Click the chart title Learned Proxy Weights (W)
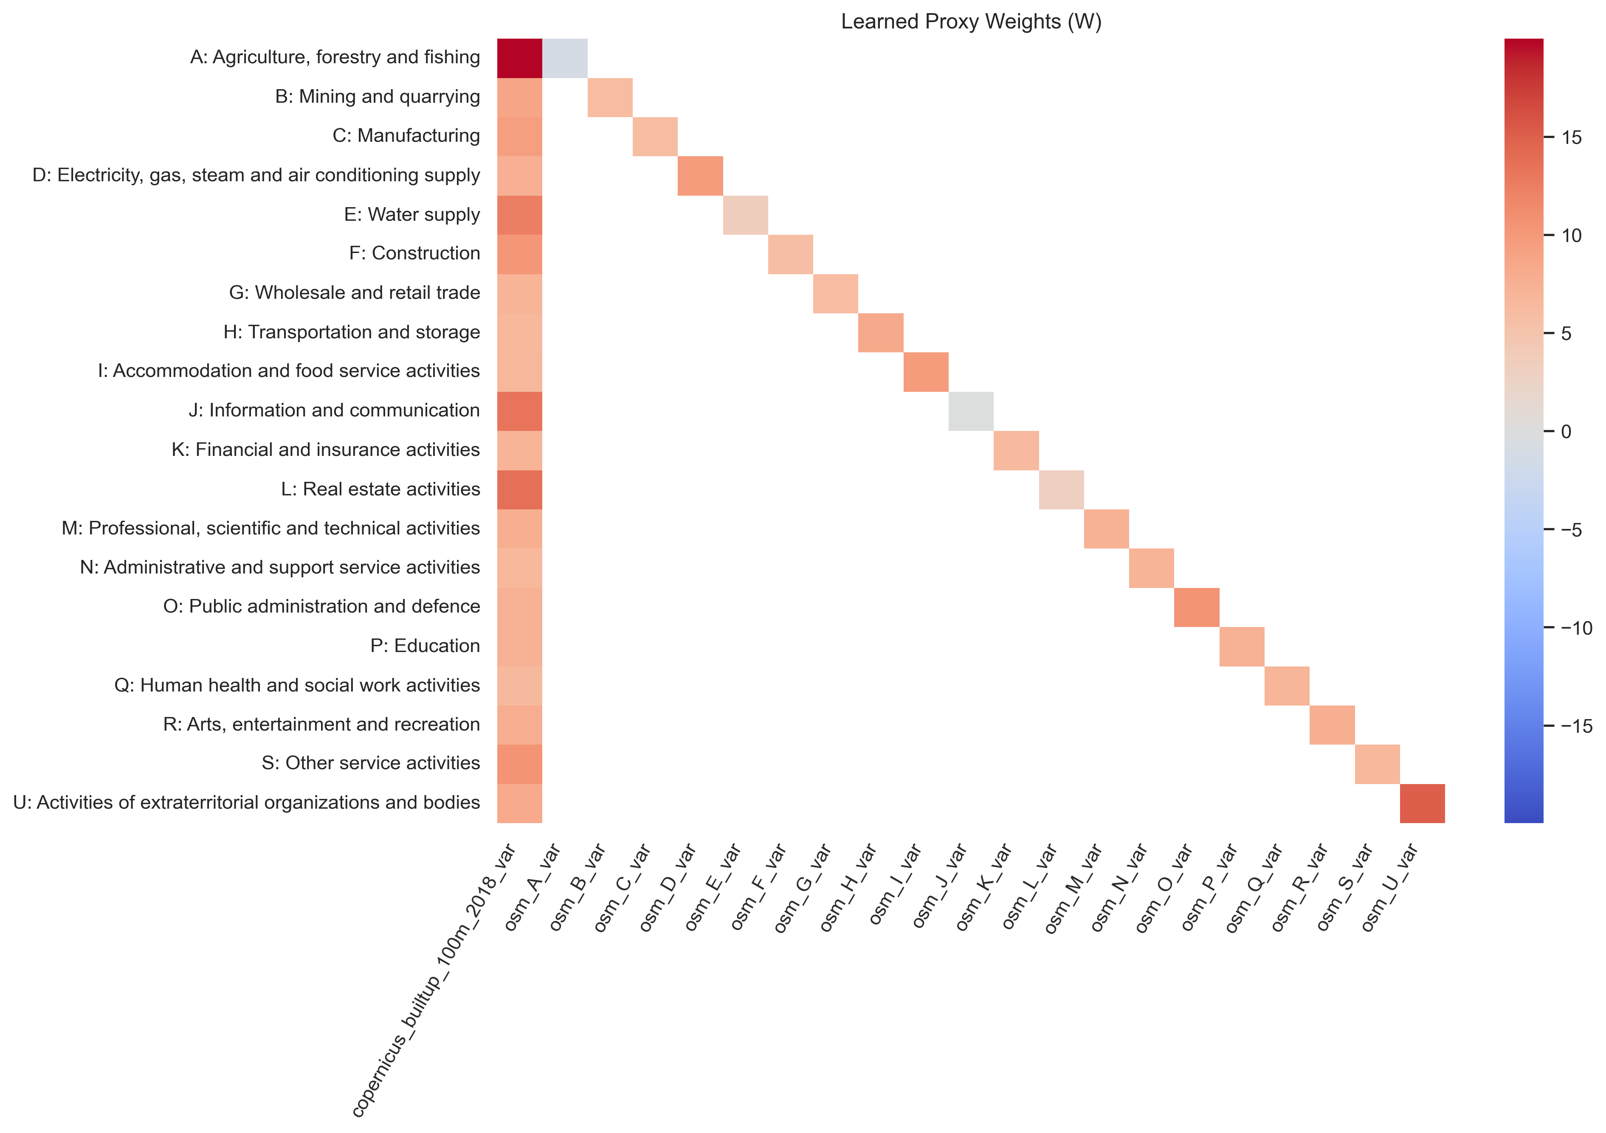971,22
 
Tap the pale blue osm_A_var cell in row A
564,58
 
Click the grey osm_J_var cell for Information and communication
971,411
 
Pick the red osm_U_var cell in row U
1422,804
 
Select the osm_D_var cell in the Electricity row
700,176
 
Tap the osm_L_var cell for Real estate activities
1061,489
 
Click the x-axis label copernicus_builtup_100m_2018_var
434,979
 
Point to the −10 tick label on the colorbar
1577,628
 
